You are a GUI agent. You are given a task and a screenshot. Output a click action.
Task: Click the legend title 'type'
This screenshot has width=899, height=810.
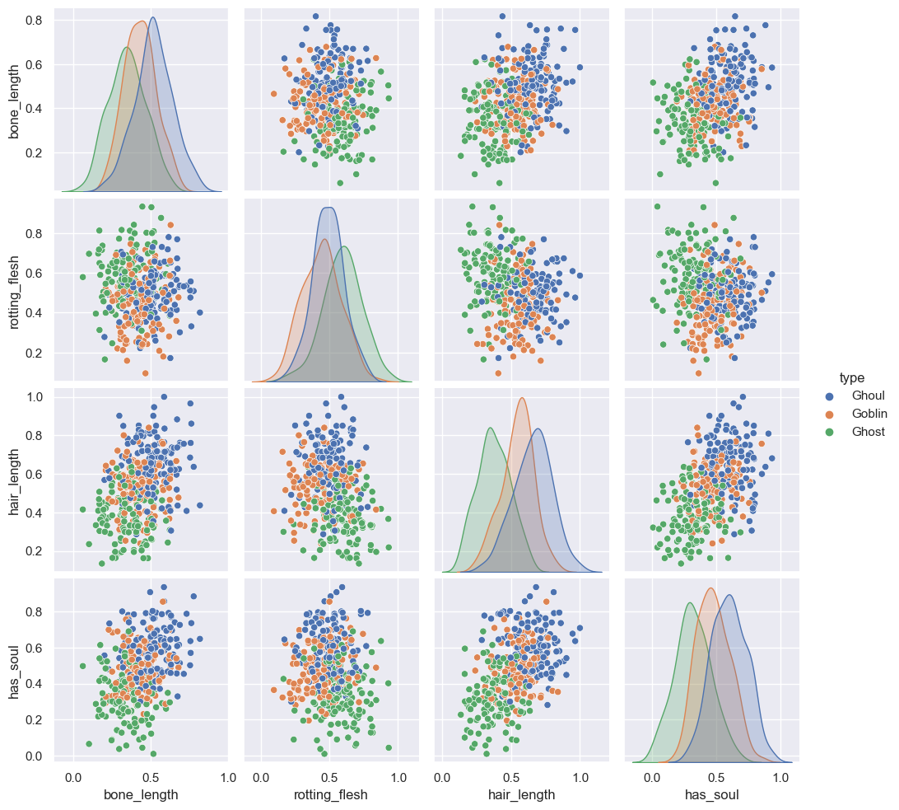851,377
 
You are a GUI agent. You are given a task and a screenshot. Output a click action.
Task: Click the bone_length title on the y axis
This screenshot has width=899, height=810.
15,99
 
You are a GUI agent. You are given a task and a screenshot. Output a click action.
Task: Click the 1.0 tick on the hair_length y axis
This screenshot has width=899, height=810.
37,397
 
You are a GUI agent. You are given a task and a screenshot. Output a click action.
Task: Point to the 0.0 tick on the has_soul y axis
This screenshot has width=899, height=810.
37,756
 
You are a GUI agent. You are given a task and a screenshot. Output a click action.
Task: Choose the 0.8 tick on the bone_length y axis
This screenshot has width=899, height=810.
37,19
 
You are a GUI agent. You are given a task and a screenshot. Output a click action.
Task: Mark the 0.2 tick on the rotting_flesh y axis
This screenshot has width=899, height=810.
37,353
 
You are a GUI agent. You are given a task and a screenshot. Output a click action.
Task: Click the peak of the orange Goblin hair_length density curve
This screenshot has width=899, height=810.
522,398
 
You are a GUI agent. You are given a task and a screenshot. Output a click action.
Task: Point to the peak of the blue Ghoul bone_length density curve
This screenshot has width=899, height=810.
153,17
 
